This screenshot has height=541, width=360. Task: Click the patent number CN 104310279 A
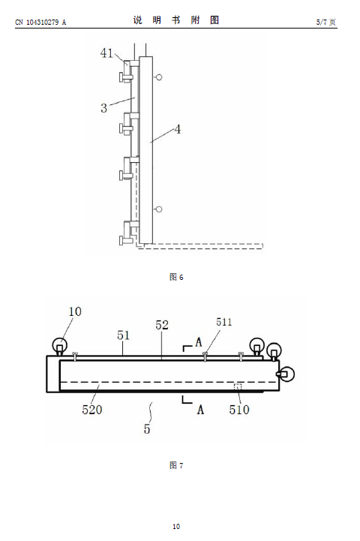point(40,22)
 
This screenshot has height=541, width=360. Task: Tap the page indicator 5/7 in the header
point(322,22)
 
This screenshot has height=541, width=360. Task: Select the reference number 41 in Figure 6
point(106,53)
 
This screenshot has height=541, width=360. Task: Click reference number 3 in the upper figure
point(103,108)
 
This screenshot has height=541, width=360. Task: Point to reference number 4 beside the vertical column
point(177,129)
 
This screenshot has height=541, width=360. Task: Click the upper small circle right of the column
point(159,77)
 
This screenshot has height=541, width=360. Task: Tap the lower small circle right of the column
point(159,209)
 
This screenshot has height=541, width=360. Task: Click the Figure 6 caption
point(176,277)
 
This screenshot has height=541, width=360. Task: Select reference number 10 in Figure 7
point(75,311)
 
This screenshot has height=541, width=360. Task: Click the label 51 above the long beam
point(123,335)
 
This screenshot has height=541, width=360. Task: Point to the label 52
point(162,325)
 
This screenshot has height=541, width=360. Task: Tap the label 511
point(223,322)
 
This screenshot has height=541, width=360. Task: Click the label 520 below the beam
point(92,410)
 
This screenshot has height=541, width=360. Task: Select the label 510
point(239,410)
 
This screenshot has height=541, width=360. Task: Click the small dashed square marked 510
point(238,386)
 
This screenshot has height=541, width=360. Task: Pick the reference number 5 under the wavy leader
point(147,429)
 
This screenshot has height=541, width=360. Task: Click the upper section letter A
point(198,342)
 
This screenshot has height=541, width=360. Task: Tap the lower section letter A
point(200,410)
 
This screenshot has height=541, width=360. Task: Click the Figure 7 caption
point(176,465)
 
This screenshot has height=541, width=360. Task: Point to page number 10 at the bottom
point(176,526)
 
